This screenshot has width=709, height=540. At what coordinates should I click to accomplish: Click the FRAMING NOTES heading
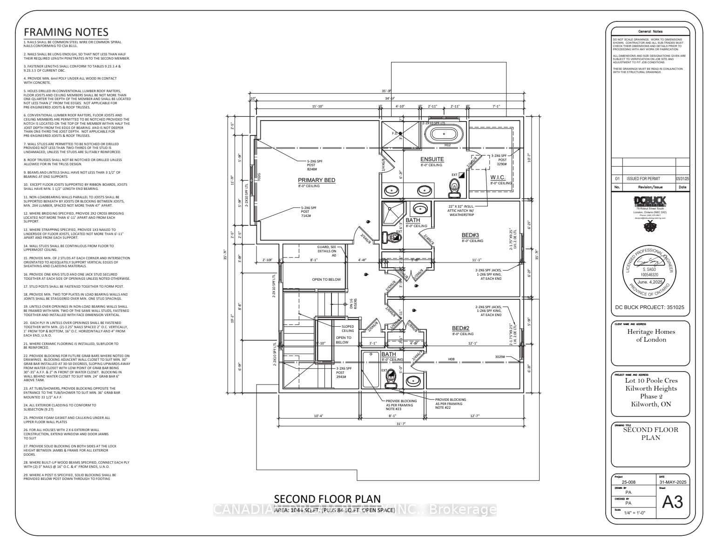pyautogui.click(x=66, y=32)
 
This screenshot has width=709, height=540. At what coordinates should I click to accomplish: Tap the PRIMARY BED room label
pyautogui.click(x=317, y=180)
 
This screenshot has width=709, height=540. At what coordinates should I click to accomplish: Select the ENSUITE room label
pyautogui.click(x=432, y=159)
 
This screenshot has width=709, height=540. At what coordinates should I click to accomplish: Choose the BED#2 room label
pyautogui.click(x=463, y=328)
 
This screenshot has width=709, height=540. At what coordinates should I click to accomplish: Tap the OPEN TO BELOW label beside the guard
pyautogui.click(x=326, y=279)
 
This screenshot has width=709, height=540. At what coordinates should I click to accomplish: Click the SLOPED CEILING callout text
pyautogui.click(x=348, y=329)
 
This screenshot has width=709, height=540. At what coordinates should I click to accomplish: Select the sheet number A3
pyautogui.click(x=672, y=501)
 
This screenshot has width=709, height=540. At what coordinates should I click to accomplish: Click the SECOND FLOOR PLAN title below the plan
pyautogui.click(x=327, y=499)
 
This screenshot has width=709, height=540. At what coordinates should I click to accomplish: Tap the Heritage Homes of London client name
pyautogui.click(x=651, y=335)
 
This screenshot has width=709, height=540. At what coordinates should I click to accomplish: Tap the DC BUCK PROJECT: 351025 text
pyautogui.click(x=650, y=308)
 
